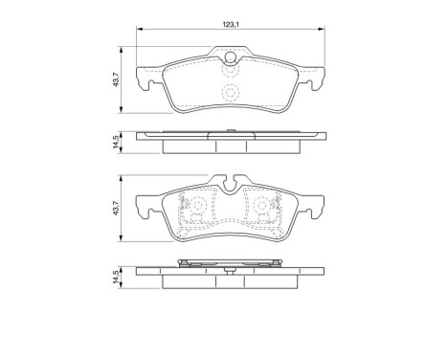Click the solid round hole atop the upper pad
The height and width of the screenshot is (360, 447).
tap(230, 57)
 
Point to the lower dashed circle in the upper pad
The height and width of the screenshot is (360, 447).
tap(230, 93)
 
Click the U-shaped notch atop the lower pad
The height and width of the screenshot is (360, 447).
tap(230, 179)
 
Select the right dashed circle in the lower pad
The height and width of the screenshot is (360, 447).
tap(261, 206)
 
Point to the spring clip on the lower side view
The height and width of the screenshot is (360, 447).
tap(230, 261)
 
